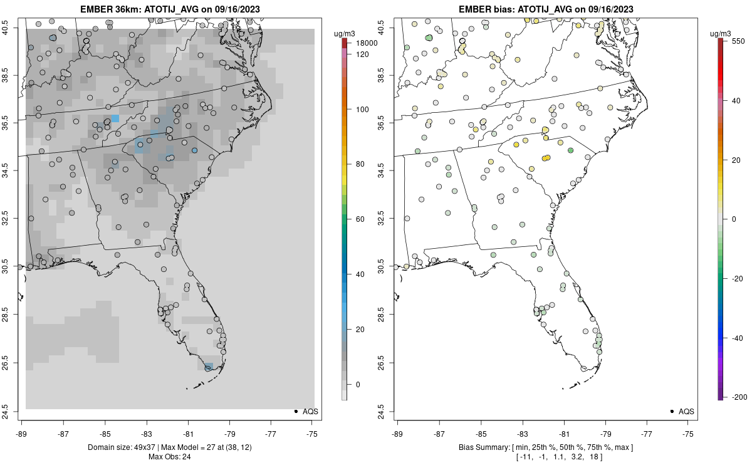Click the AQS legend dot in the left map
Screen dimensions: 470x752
pos(295,411)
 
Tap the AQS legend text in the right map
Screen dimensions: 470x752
pos(687,411)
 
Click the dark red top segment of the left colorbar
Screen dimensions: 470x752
pos(344,43)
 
